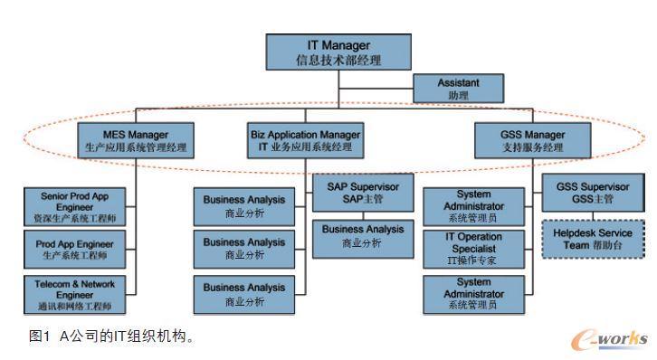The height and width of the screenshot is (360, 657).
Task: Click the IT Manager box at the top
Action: point(338,53)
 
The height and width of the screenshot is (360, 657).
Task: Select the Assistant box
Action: point(457,89)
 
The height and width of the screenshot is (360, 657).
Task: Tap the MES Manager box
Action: point(135,140)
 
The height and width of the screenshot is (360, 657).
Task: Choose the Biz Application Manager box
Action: point(305,140)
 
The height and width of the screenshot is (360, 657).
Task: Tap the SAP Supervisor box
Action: point(362,192)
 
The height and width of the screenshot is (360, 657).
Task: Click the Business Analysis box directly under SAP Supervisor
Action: point(362,236)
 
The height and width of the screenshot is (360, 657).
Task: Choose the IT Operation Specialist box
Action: point(473,249)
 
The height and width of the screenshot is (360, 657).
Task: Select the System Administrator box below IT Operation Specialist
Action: point(473,294)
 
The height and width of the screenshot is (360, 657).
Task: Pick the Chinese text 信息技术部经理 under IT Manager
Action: point(338,61)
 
